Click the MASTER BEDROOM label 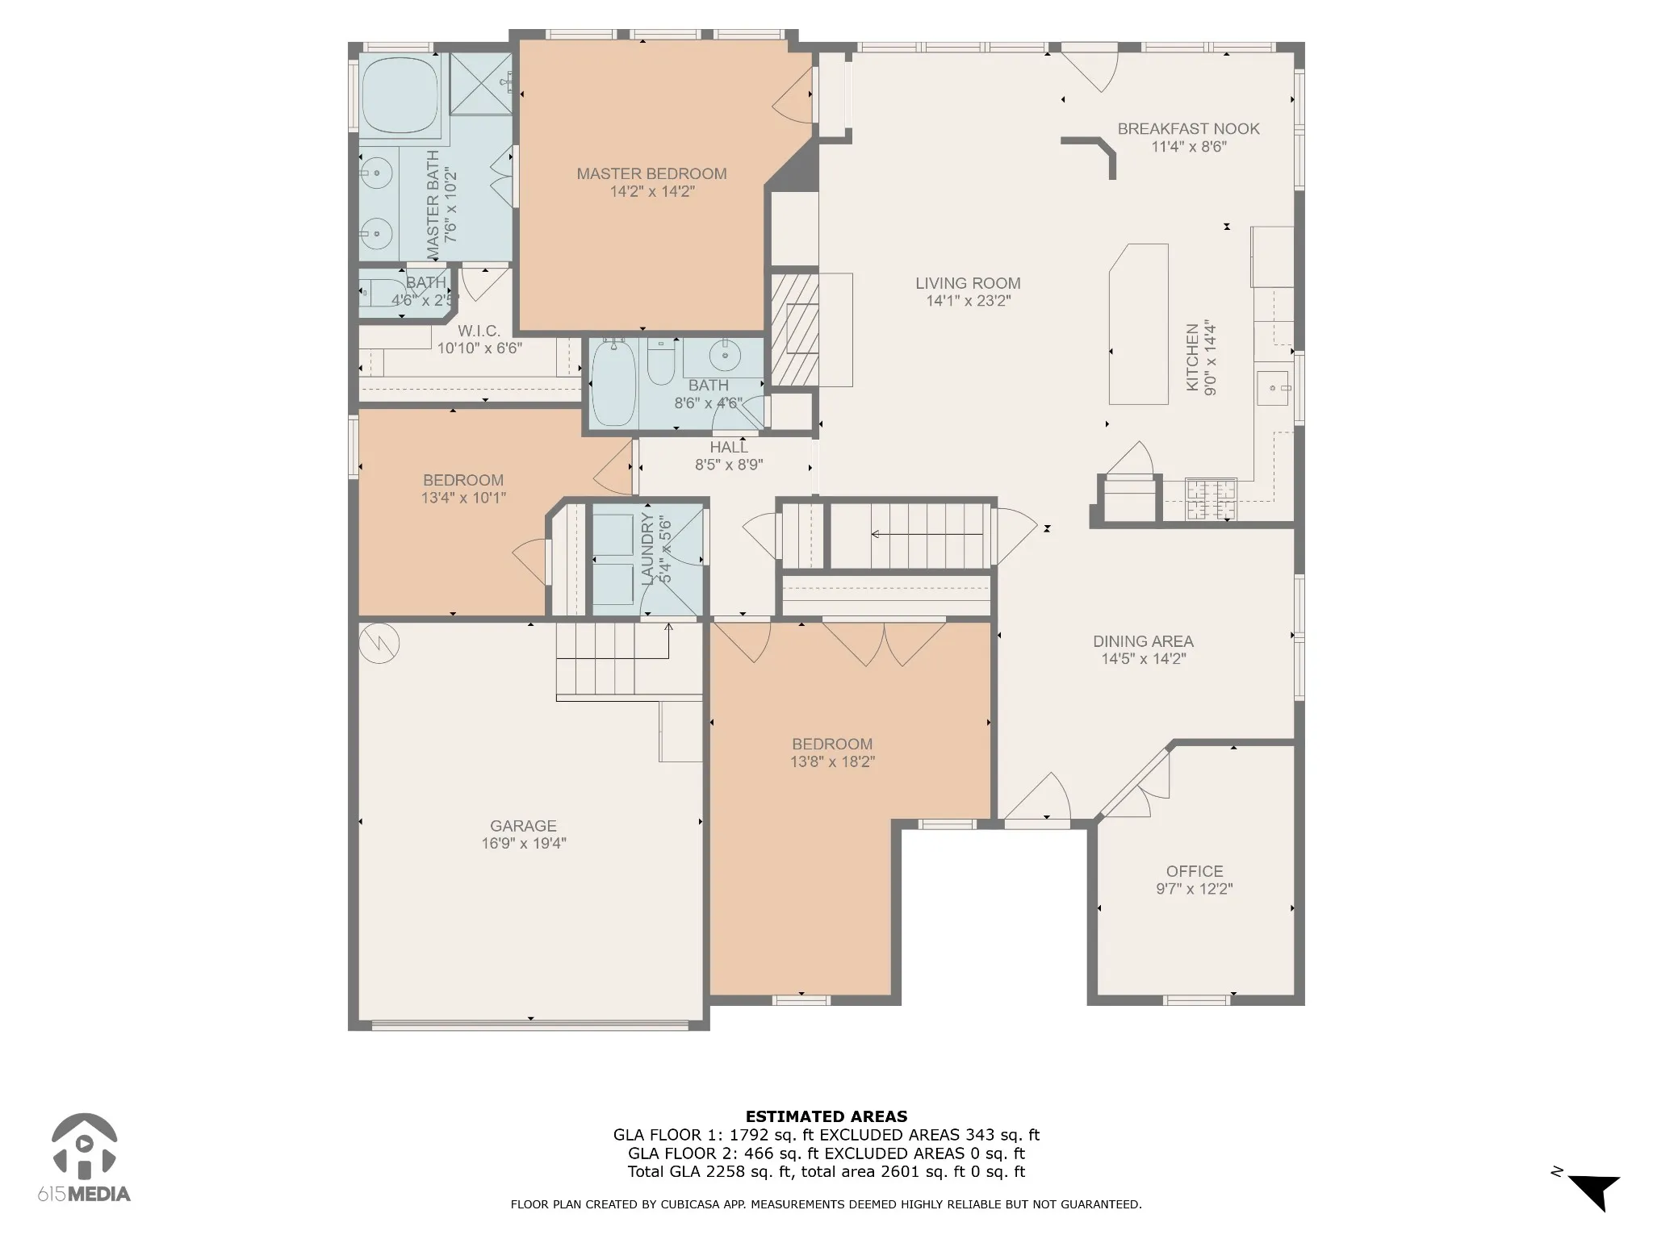[x=651, y=173]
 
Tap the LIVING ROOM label [x=968, y=283]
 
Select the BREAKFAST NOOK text [x=1188, y=128]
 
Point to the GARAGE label [x=523, y=826]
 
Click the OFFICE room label [x=1195, y=871]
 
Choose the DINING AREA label [x=1143, y=641]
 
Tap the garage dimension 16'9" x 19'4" [x=523, y=844]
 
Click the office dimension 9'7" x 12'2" [x=1195, y=889]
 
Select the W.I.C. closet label [x=479, y=331]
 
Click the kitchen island [x=1138, y=323]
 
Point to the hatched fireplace [x=795, y=329]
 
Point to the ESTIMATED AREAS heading [x=826, y=1117]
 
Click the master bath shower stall [x=481, y=85]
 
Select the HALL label [x=729, y=447]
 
